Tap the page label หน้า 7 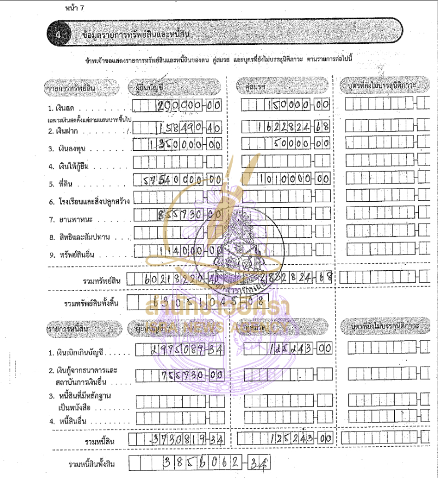[73, 9]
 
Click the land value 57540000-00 [181, 179]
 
